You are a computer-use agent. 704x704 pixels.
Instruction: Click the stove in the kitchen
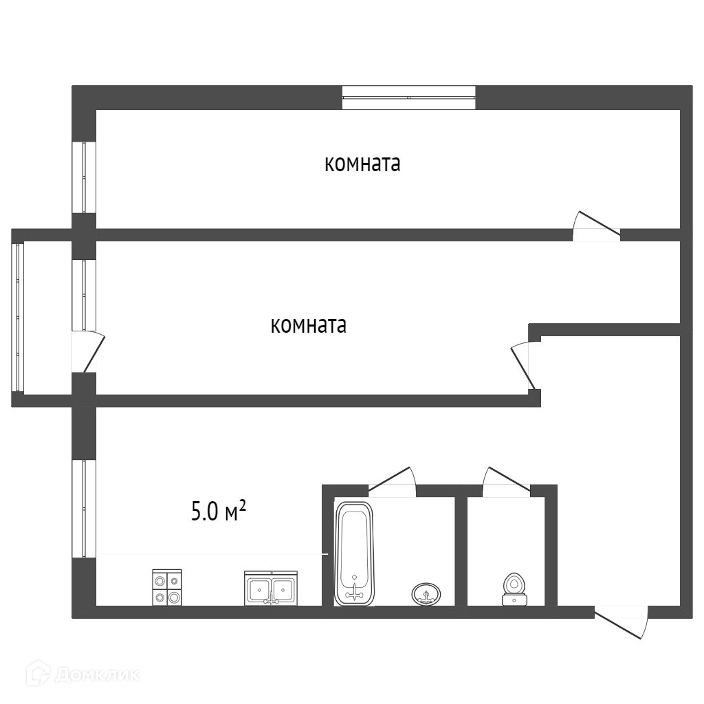(x=167, y=588)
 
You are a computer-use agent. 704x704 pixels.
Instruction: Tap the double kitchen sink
(x=271, y=588)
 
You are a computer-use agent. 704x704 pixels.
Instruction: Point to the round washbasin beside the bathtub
(x=427, y=593)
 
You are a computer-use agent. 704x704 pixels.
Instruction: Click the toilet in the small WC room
(x=514, y=588)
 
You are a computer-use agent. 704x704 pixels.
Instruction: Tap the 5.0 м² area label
(x=219, y=511)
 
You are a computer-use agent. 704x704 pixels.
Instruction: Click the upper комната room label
(x=362, y=164)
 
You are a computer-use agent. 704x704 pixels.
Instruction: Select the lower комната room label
(x=309, y=325)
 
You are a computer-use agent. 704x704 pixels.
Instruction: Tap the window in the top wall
(x=409, y=98)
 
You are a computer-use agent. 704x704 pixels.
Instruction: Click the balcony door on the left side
(x=88, y=352)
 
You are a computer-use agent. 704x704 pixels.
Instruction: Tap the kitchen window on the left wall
(x=84, y=509)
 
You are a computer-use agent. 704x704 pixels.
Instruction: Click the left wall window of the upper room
(x=84, y=177)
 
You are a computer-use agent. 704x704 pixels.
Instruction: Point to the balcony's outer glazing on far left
(x=18, y=317)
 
